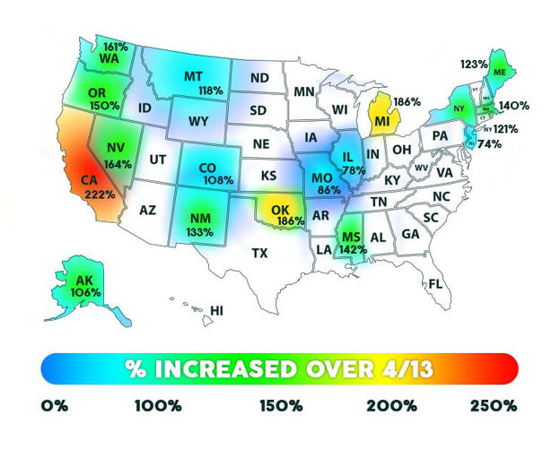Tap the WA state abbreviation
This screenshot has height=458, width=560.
point(110,58)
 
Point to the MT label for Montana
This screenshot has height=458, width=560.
point(193,76)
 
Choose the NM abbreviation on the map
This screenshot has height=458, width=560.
point(201,217)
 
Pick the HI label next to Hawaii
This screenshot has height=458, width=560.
point(216,311)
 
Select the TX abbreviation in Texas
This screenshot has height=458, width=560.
point(260,253)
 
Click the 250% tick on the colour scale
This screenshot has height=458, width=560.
point(494,406)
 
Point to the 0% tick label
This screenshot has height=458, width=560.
point(56,406)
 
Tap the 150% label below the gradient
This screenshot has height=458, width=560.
point(280,406)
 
